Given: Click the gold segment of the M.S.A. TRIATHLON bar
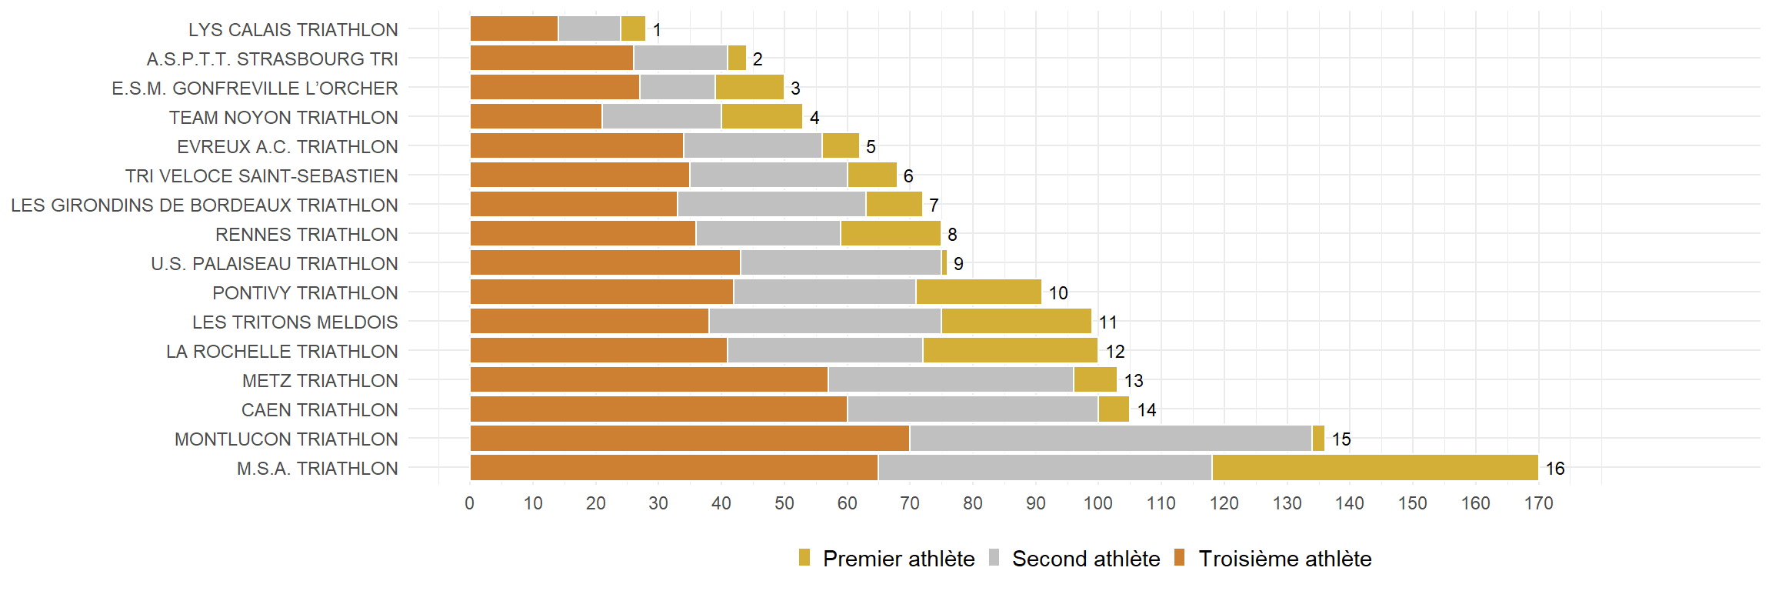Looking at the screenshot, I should (1374, 468).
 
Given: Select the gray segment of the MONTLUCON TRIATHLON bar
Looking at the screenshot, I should (1110, 439).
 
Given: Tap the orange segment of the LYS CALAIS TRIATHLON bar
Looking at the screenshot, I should (514, 29).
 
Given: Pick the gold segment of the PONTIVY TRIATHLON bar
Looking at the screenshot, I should (978, 292).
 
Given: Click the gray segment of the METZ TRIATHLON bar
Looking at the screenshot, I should (951, 380).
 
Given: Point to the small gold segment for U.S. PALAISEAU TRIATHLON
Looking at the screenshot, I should (944, 263).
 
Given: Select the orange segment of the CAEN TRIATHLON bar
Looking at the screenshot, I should (658, 409).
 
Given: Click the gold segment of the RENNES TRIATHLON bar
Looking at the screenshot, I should (891, 234).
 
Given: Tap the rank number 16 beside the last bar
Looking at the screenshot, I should (1555, 469).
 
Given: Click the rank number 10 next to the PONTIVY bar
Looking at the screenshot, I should (1058, 293).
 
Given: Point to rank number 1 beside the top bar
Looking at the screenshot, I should (657, 30).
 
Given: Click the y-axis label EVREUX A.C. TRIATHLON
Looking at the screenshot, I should (287, 147).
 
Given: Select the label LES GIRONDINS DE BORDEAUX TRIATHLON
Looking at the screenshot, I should (204, 205).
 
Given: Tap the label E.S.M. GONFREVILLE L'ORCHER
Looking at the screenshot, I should (255, 88).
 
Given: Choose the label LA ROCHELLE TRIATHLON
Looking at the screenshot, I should (281, 352).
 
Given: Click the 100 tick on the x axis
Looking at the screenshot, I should (1098, 503).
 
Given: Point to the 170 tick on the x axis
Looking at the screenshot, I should (1538, 503).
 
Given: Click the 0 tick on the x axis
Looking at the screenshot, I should (470, 503).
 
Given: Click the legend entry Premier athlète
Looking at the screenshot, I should (888, 559).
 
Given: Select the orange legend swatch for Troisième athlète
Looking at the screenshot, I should (1180, 558).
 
